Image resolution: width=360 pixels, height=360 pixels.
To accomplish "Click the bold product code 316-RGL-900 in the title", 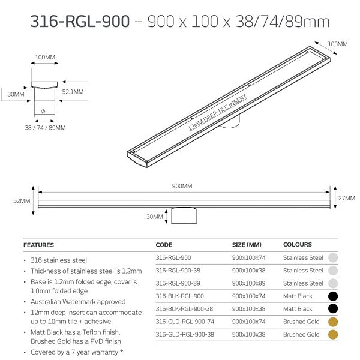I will point(80,22).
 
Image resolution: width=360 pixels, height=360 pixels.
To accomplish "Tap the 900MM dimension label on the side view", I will point(184,186).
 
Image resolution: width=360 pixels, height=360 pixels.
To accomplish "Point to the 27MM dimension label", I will point(346,197).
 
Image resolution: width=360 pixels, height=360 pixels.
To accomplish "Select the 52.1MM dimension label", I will point(73,92).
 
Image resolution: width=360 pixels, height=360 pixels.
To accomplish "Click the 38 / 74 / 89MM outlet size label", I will point(46,127).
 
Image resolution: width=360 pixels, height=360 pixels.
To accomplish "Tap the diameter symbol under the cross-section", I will point(43,111).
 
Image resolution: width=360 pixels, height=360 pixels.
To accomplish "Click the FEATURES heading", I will point(38,245).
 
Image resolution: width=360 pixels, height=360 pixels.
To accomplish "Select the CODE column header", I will point(164,245).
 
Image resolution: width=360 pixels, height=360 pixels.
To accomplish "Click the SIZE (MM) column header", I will point(247,245).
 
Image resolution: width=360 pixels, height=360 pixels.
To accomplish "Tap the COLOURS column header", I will point(298,245).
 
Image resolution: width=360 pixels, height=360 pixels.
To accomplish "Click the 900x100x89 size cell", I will point(247,283).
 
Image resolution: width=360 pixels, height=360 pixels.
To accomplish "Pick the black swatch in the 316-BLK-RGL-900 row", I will point(332,296).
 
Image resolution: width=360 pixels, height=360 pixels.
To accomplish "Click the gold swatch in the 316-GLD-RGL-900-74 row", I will point(332,322).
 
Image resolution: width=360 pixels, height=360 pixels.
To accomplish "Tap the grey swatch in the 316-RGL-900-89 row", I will point(332,283).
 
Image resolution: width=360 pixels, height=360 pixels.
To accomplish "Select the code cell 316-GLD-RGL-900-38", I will point(183,334).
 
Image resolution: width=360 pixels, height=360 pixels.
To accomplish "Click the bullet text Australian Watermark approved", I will point(77,302).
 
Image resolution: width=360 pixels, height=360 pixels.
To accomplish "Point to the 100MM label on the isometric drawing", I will point(337,44).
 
